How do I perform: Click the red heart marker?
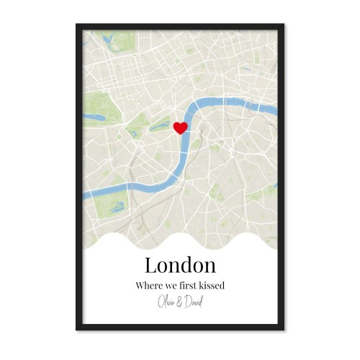(181, 127)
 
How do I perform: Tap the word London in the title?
(180, 265)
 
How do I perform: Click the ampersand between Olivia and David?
(179, 300)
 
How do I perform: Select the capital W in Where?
(139, 286)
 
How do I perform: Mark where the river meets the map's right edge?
(276, 110)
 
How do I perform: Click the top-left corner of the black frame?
(76, 24)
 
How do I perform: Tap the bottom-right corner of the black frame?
(284, 330)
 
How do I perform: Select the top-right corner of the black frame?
(284, 24)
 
